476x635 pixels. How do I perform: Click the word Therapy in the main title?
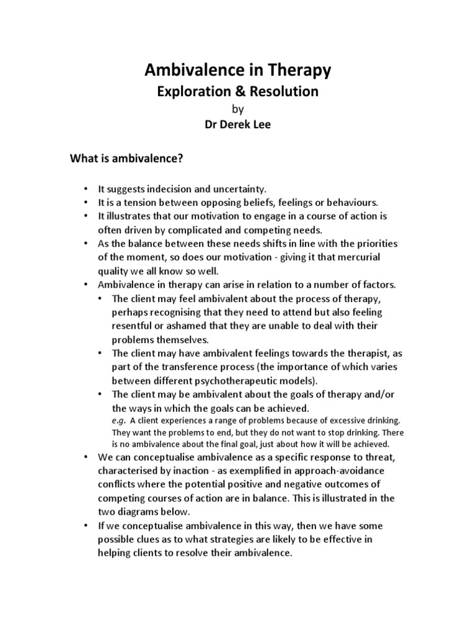[293, 71]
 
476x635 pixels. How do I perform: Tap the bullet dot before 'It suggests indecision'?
[84, 189]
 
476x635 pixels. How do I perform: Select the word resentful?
[133, 325]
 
